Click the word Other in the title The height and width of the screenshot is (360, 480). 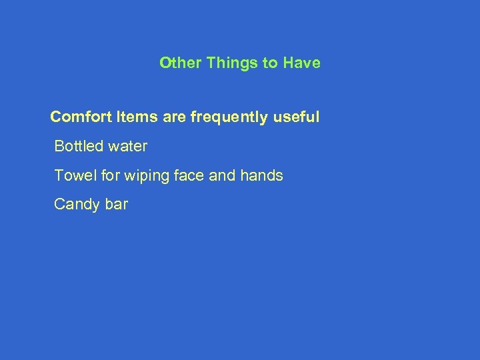tap(180, 63)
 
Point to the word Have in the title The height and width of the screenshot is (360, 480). tap(301, 63)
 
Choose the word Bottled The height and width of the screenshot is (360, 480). tap(77, 146)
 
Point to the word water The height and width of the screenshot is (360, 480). tap(126, 146)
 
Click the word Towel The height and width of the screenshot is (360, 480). tap(72, 176)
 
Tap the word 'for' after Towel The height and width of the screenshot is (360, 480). tap(102, 176)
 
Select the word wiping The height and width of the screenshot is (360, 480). tap(137, 177)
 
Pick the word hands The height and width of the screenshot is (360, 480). tap(261, 176)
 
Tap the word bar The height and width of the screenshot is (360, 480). tap(116, 205)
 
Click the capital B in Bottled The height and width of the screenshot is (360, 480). tap(59, 146)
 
